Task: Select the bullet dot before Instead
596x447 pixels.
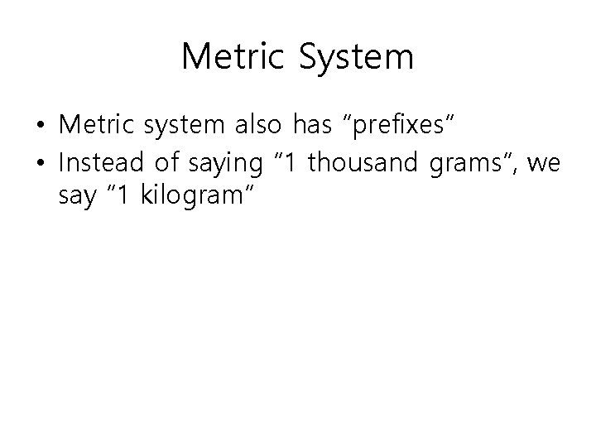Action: coord(41,165)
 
